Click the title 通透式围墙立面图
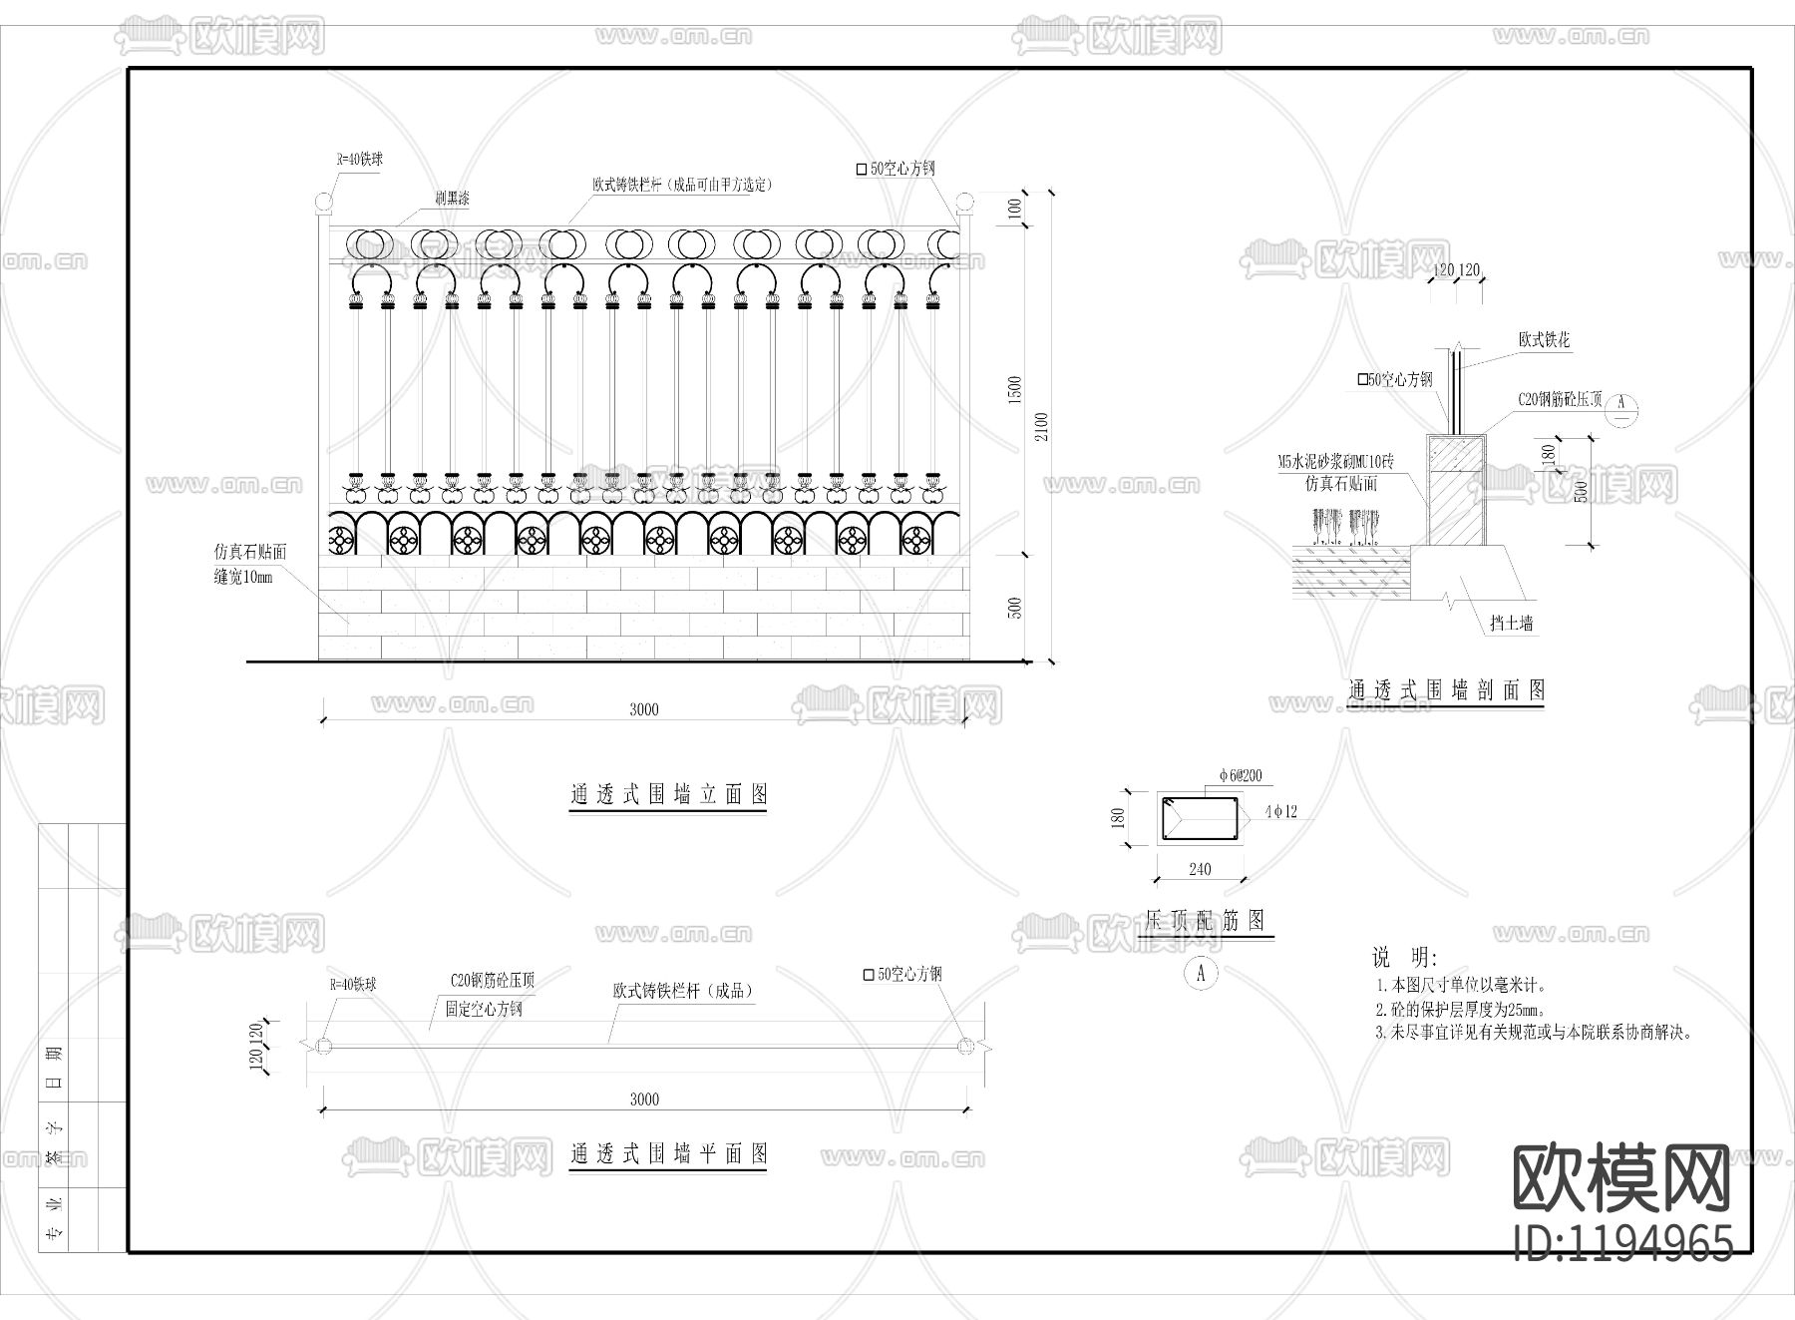pos(668,794)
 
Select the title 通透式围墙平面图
pos(668,1154)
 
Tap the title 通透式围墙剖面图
pos(1446,689)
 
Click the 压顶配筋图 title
pos(1205,920)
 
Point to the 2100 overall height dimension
pos(1043,426)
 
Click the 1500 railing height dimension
pos(1015,389)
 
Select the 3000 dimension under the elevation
pos(644,709)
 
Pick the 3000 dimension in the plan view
pos(644,1099)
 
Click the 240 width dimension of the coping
pos(1200,869)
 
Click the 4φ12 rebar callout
pos(1280,812)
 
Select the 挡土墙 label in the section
pos(1511,624)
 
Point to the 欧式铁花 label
pos(1544,340)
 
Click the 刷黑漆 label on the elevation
pos(452,199)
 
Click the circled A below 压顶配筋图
pos(1201,973)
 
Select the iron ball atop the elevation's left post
pos(323,204)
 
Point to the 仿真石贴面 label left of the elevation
pos(250,552)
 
